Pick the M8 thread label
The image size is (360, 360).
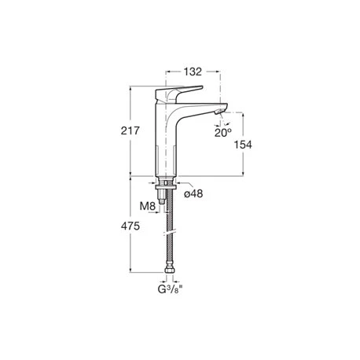(147, 207)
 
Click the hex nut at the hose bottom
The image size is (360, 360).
(169, 276)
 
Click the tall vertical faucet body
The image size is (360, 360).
(170, 141)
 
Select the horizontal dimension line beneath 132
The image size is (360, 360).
(193, 80)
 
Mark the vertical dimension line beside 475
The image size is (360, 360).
(130, 228)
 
